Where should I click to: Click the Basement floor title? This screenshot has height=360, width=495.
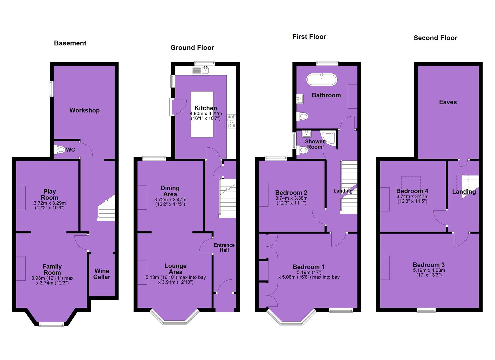tap(70, 43)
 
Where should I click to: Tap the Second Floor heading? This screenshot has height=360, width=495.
tap(435, 38)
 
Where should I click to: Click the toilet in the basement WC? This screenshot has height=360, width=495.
tap(60, 150)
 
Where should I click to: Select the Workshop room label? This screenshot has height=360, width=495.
tap(84, 110)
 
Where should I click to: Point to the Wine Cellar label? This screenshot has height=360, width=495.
tap(102, 274)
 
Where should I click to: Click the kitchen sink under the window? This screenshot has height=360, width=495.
tap(206, 70)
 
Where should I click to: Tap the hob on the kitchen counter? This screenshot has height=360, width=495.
tap(231, 121)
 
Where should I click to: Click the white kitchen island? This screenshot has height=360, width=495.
tap(202, 114)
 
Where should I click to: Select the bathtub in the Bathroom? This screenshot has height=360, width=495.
tap(322, 80)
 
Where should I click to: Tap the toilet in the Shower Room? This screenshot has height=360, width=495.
tap(302, 150)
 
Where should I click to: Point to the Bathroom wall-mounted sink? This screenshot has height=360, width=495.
tap(300, 99)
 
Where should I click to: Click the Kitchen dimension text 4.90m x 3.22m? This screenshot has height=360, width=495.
tap(206, 114)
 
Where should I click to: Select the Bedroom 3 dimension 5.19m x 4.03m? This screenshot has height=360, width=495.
tap(429, 270)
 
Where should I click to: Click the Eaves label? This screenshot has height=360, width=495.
tap(448, 102)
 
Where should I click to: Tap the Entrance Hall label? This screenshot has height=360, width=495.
tap(224, 248)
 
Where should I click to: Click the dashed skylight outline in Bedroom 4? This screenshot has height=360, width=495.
tap(411, 183)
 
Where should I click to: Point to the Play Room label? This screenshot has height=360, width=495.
tap(49, 194)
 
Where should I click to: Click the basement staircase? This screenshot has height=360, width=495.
tap(106, 208)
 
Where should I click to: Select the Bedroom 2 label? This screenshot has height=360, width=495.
tap(291, 193)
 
